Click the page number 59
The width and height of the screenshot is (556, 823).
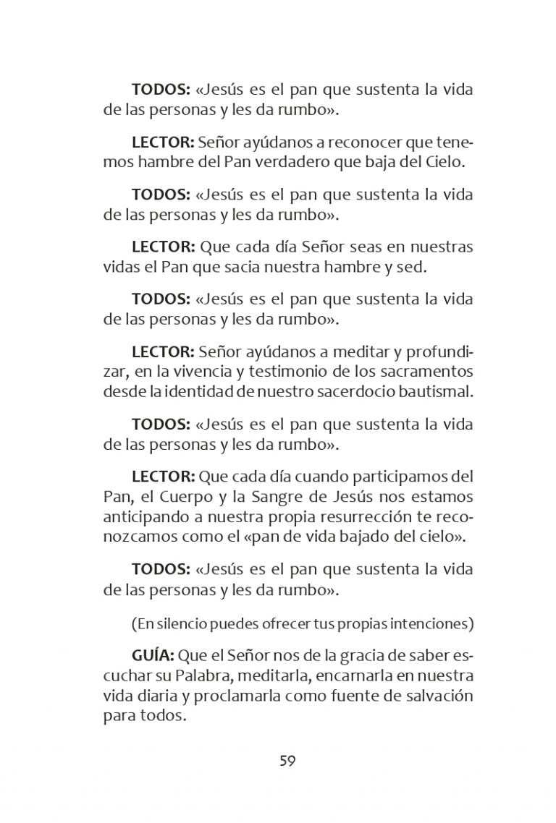pos(287,761)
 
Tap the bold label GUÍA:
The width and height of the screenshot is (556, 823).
pos(153,655)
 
